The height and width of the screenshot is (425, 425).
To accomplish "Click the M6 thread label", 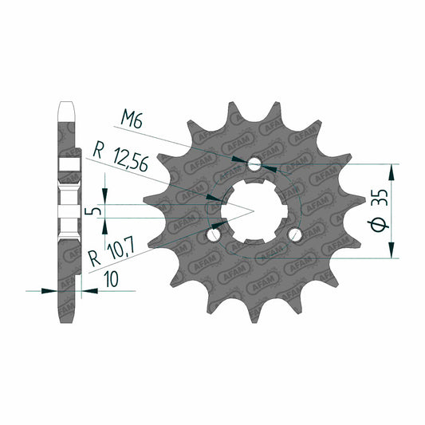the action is [132, 120].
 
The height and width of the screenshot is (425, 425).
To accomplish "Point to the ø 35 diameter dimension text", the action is [378, 211].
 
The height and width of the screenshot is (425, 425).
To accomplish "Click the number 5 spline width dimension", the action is [92, 211].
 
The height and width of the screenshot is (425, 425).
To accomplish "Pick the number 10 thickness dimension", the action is [112, 279].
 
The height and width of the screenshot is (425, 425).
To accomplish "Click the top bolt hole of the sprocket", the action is [254, 163].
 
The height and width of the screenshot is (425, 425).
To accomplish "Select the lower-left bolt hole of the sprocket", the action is [214, 234].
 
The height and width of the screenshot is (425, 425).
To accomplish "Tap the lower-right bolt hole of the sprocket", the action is [294, 234].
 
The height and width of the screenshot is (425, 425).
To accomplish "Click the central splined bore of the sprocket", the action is [254, 211].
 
